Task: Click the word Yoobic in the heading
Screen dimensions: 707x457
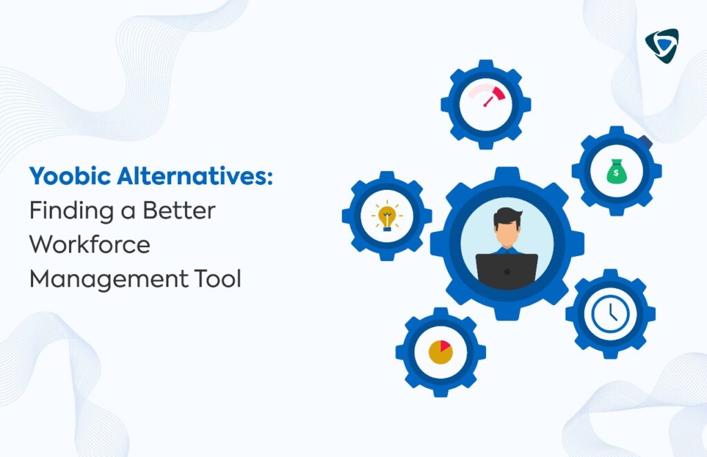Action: pos(70,176)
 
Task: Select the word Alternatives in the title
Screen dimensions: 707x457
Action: pos(194,176)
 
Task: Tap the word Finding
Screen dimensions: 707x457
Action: pos(71,211)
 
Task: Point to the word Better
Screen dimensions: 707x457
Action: pos(179,211)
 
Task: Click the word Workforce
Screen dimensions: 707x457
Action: pos(90,244)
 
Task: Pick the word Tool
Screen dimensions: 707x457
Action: pos(218,278)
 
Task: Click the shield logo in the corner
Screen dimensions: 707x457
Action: pos(662,46)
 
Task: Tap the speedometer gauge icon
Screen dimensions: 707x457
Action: pos(486,95)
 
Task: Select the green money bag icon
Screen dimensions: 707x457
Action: pos(616,171)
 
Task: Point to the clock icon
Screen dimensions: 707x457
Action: pos(610,313)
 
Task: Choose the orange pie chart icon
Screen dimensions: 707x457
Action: pos(440,352)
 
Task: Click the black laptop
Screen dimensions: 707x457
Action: pos(507,271)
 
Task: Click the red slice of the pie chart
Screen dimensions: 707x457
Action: pos(445,346)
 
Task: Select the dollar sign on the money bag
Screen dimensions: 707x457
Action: pos(616,173)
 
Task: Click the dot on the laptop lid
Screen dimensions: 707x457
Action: pos(507,272)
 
